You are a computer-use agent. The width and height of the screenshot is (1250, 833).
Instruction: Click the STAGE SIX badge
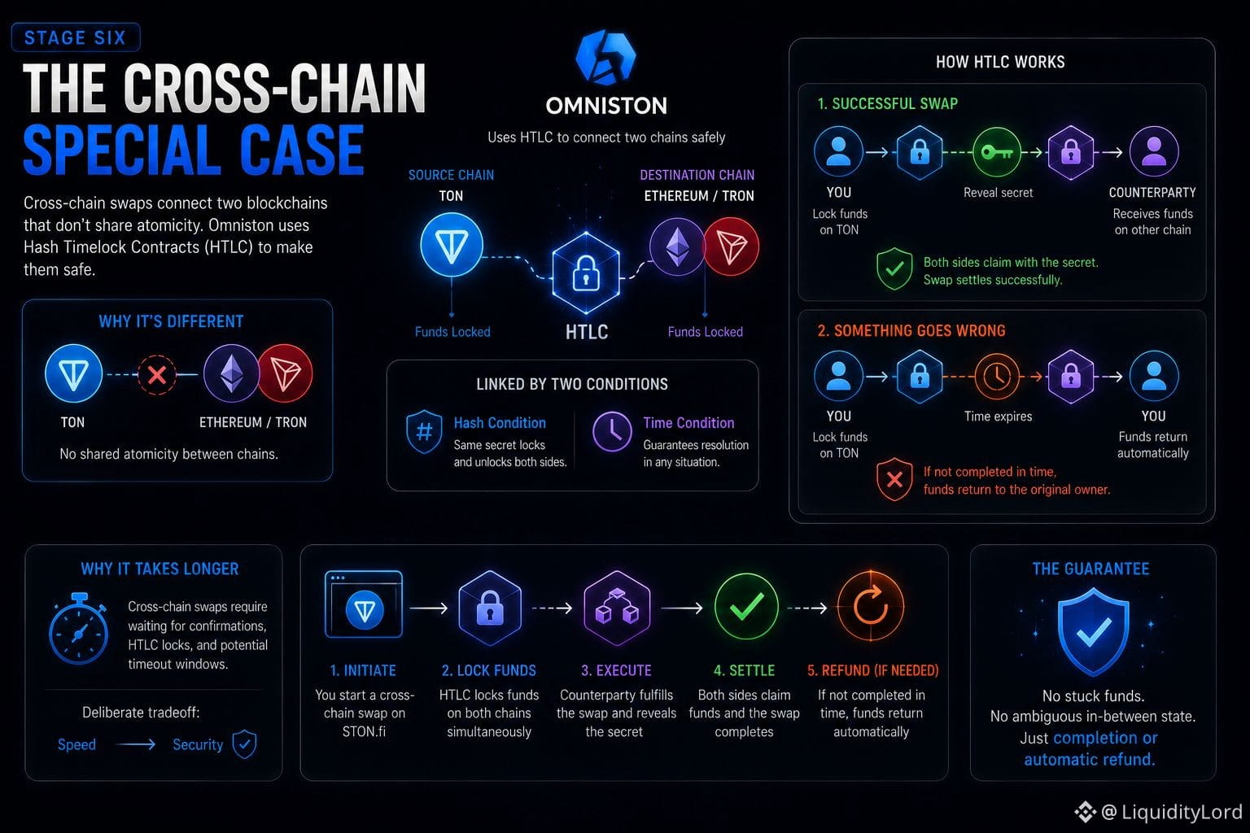[x=76, y=37]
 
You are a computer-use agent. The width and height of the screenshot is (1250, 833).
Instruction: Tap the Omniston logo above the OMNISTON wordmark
[x=605, y=58]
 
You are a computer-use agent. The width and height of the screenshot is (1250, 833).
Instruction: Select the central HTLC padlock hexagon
[x=586, y=273]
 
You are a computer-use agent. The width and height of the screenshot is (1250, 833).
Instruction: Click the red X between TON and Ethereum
[x=157, y=375]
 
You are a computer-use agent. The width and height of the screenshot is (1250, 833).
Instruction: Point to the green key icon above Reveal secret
[x=997, y=152]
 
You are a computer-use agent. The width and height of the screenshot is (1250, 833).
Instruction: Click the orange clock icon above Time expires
[x=997, y=377]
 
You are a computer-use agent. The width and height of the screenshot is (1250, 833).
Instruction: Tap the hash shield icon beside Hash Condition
[x=424, y=431]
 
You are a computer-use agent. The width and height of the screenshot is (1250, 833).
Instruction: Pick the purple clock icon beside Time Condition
[x=612, y=431]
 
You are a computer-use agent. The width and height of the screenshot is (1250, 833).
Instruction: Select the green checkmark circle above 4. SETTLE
[x=746, y=607]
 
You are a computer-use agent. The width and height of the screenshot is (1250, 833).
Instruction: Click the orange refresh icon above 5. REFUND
[x=870, y=607]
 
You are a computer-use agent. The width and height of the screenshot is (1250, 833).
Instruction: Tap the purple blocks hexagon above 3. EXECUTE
[x=617, y=608]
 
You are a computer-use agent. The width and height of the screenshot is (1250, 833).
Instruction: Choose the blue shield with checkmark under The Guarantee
[x=1093, y=631]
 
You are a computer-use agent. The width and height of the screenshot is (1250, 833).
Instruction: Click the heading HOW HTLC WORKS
[x=1000, y=62]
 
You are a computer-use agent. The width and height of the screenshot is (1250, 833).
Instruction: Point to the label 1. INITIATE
[x=363, y=670]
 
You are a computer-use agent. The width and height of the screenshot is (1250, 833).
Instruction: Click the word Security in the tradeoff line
[x=198, y=744]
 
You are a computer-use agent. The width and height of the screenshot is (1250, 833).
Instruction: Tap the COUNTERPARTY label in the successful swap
[x=1152, y=193]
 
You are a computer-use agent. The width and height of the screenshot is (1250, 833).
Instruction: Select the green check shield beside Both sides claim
[x=894, y=268]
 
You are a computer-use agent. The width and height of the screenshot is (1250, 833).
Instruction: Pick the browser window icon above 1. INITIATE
[x=363, y=604]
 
